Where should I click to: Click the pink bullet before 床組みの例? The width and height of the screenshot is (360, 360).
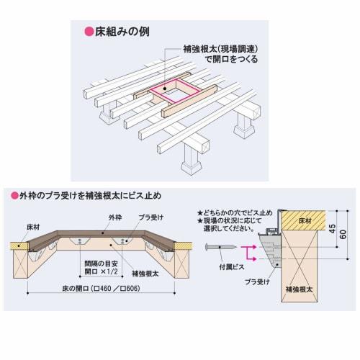point(90,32)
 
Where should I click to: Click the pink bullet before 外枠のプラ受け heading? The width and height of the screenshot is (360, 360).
point(14,196)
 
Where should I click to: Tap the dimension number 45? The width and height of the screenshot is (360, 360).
point(332,229)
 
